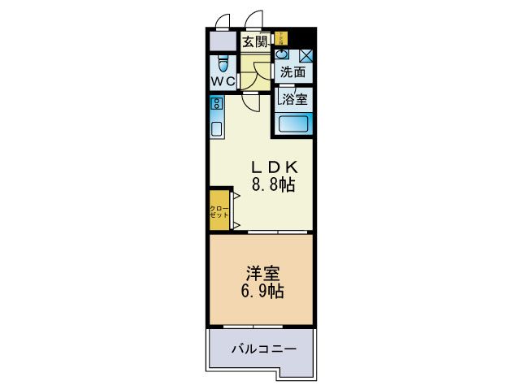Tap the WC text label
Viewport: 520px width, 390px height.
coord(224,81)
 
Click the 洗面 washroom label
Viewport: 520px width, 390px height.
coord(292,72)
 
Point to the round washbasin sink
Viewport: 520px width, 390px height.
coord(281,54)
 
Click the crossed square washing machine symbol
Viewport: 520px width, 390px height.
coord(305,56)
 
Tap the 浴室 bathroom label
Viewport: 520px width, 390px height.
coord(294,100)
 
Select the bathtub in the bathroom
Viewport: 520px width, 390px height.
coord(293,125)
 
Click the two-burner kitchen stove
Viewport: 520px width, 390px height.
coord(217,103)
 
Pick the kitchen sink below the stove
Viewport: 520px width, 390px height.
coord(217,128)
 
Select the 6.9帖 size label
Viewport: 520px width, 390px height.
coord(261,291)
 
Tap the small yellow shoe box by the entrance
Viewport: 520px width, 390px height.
coord(281,37)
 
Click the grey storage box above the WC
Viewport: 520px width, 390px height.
coord(222,41)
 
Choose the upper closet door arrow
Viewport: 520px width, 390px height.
coord(234,197)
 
